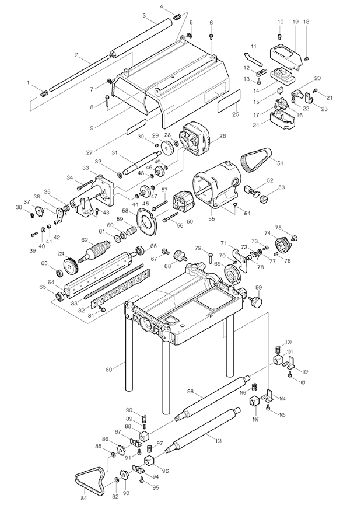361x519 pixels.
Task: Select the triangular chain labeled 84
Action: point(89,479)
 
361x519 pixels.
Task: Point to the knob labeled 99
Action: point(255,302)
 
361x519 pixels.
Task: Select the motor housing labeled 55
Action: point(216,186)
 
